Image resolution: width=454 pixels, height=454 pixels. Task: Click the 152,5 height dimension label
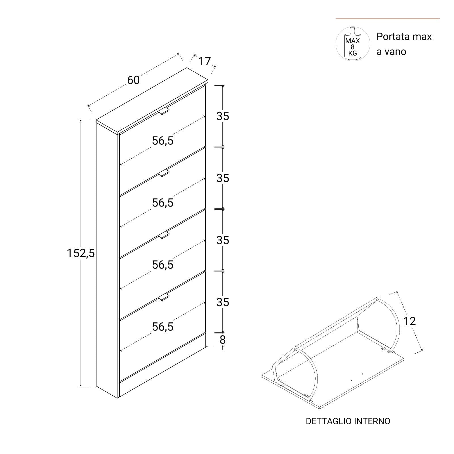(x=81, y=253)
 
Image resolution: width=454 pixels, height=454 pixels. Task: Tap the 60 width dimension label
(x=133, y=80)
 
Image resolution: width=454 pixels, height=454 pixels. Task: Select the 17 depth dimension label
(x=205, y=61)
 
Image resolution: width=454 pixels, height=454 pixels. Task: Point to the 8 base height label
(x=223, y=339)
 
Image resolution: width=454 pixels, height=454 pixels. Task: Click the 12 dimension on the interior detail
(x=409, y=321)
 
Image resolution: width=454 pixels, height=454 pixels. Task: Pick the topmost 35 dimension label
(x=223, y=116)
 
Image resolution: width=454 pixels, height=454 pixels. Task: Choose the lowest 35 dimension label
(x=223, y=302)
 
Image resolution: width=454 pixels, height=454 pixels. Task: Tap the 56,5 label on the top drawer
(x=163, y=141)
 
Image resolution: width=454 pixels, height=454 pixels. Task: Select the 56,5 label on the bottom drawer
(x=163, y=327)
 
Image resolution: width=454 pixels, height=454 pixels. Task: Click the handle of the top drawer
(x=164, y=111)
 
